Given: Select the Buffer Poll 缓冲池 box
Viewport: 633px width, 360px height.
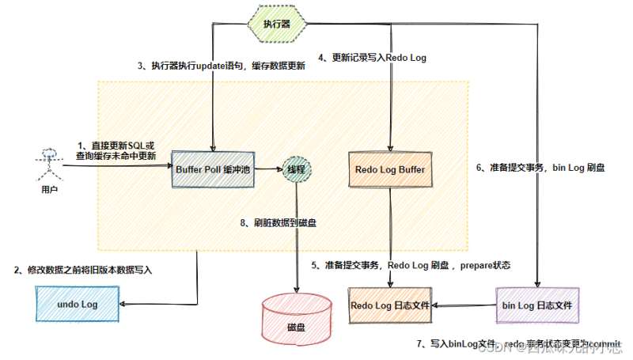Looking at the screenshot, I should (213, 169).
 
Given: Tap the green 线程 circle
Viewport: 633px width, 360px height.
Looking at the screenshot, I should (294, 169).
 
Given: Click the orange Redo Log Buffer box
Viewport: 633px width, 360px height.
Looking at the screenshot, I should (390, 169).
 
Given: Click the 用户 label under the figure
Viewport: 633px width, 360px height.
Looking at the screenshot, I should (48, 191).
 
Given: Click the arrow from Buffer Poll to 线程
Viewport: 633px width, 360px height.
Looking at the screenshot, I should (267, 169).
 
